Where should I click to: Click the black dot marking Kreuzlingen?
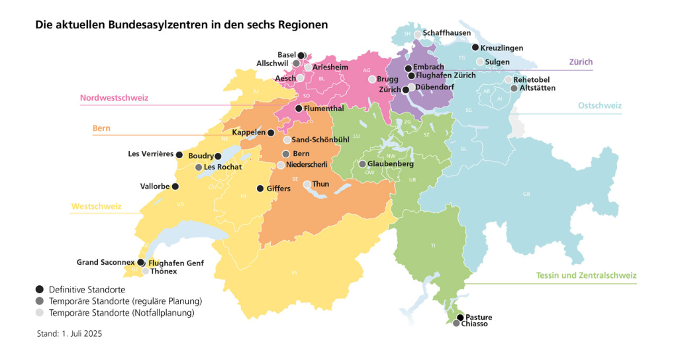475,47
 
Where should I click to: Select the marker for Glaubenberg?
362,163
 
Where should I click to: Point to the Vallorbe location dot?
175,186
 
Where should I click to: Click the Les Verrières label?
150,154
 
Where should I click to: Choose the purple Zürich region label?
581,62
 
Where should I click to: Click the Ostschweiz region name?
599,105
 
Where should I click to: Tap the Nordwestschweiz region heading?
114,98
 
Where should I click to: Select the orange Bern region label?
101,128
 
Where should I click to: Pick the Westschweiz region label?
96,206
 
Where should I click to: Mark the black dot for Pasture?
460,317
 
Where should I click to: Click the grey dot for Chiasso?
456,324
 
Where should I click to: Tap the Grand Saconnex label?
105,262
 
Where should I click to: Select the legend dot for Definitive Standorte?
40,289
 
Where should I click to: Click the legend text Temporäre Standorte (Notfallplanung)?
122,312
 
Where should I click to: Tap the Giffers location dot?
260,188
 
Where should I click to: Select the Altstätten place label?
538,87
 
